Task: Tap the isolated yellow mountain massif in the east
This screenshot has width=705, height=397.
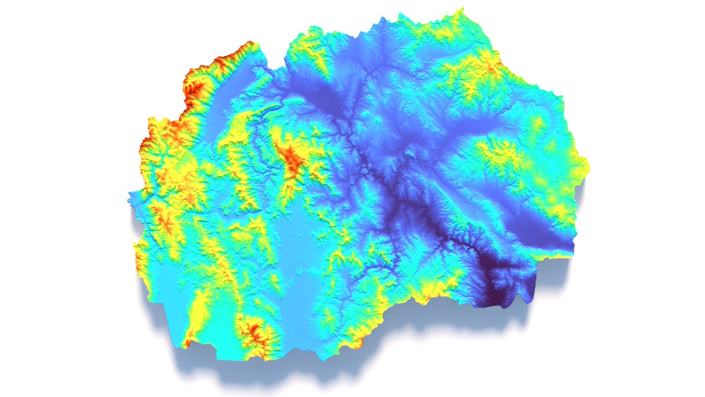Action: click(x=503, y=154)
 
